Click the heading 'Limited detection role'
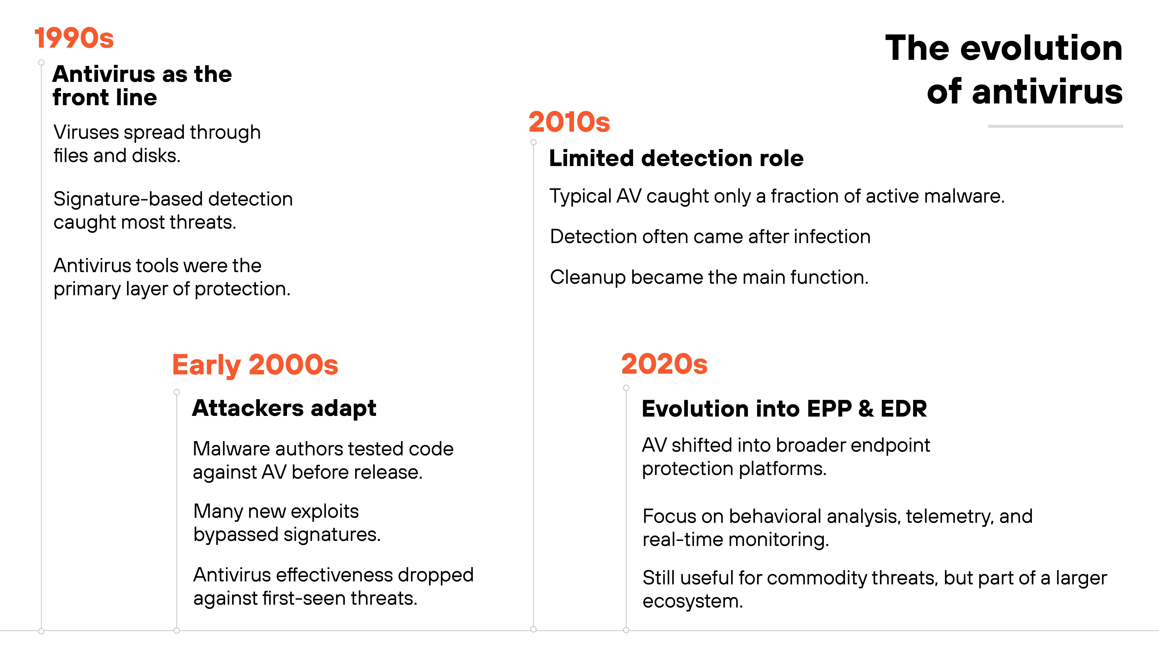tap(676, 158)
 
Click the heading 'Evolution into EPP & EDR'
tap(784, 409)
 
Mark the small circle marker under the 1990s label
tap(41, 63)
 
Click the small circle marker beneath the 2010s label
tap(534, 142)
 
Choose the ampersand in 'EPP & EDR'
tap(866, 409)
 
